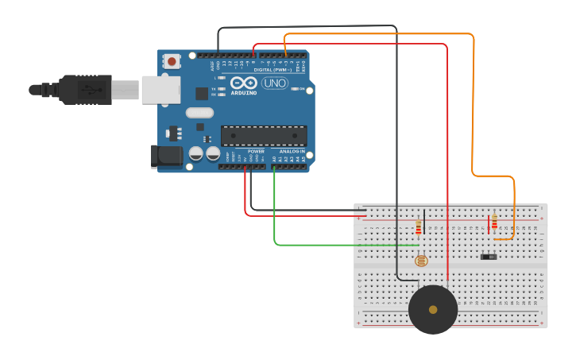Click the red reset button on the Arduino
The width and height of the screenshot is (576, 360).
[172, 61]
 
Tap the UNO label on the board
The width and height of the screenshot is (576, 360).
[274, 83]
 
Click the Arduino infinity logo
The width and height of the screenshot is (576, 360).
[243, 83]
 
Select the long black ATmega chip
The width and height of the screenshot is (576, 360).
[264, 136]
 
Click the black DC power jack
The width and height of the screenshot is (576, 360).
[167, 156]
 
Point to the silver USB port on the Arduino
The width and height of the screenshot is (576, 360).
[160, 90]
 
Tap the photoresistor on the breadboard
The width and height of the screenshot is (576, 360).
[421, 260]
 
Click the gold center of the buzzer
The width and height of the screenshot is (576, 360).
[433, 309]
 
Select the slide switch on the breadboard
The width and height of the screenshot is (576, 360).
[489, 257]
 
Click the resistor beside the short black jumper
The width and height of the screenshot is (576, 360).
[419, 229]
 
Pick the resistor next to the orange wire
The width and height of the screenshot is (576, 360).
[494, 222]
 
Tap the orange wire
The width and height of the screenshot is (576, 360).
[474, 103]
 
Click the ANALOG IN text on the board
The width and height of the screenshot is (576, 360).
[292, 151]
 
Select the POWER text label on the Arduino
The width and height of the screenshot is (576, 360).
[256, 151]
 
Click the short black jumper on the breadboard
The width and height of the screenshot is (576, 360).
[423, 221]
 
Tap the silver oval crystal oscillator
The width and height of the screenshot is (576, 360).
[200, 113]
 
